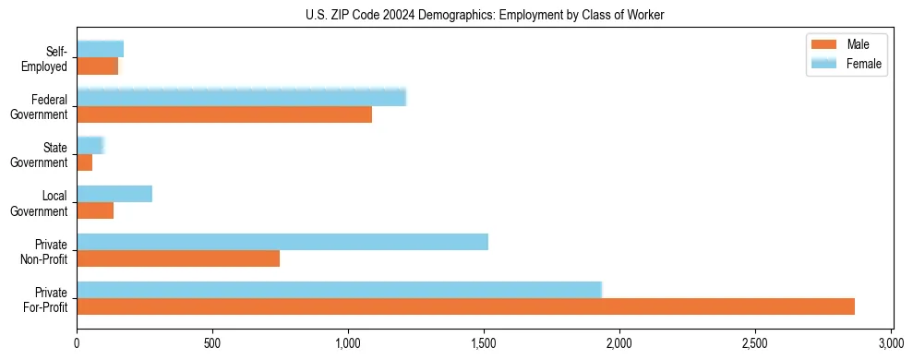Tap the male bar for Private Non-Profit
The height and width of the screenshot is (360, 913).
click(x=178, y=258)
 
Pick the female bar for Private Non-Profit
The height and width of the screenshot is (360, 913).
click(x=282, y=242)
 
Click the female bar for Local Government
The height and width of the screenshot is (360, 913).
click(x=114, y=194)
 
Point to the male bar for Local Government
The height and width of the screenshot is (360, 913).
click(x=95, y=210)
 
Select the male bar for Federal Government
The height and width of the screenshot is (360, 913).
click(x=224, y=114)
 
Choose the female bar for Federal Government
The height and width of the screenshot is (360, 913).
click(x=241, y=98)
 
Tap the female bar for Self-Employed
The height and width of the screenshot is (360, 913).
click(x=100, y=49)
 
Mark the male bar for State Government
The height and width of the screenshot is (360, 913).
click(x=84, y=162)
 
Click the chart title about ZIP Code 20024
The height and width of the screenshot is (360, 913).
click(x=485, y=15)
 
